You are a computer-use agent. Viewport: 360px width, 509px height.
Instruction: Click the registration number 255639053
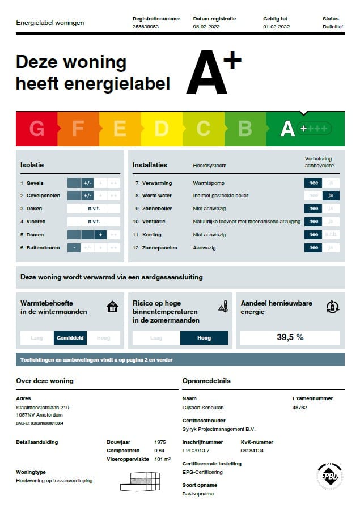(145, 27)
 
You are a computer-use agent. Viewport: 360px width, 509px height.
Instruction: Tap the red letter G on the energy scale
(37, 129)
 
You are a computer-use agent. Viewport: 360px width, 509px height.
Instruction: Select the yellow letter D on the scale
(162, 129)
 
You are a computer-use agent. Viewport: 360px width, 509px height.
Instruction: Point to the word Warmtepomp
(207, 183)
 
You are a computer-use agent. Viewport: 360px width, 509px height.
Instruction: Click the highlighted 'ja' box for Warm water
(331, 196)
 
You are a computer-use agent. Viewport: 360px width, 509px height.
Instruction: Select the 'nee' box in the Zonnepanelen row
(312, 248)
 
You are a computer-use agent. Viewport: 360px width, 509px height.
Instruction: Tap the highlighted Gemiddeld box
(70, 338)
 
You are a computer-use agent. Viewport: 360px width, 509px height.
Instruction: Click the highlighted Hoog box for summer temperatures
(204, 338)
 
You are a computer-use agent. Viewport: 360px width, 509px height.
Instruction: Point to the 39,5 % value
(290, 337)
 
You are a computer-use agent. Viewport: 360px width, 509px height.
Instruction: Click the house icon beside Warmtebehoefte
(113, 307)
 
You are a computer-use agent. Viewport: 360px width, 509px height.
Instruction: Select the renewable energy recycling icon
(333, 307)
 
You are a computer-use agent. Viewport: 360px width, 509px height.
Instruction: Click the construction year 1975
(160, 442)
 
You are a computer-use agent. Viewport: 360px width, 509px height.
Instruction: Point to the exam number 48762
(300, 407)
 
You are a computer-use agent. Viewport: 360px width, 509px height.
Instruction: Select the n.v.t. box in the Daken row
(94, 209)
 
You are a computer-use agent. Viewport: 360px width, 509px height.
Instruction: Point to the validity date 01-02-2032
(276, 27)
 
